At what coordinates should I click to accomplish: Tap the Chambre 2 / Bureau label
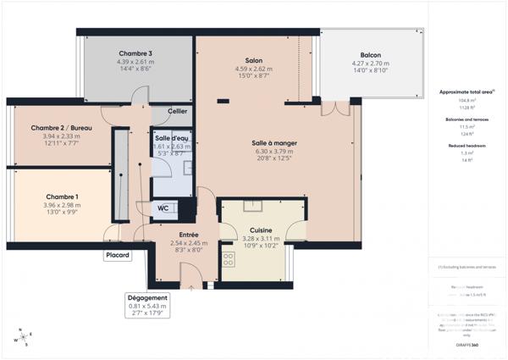(56, 127)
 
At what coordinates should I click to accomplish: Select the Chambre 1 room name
(56, 196)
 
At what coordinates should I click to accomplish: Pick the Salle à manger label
(275, 143)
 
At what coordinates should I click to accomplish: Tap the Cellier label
(178, 111)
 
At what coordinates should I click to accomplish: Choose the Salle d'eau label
(171, 137)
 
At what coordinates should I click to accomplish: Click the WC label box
(164, 208)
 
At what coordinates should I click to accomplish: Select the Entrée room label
(188, 234)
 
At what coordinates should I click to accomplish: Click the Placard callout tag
(118, 255)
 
